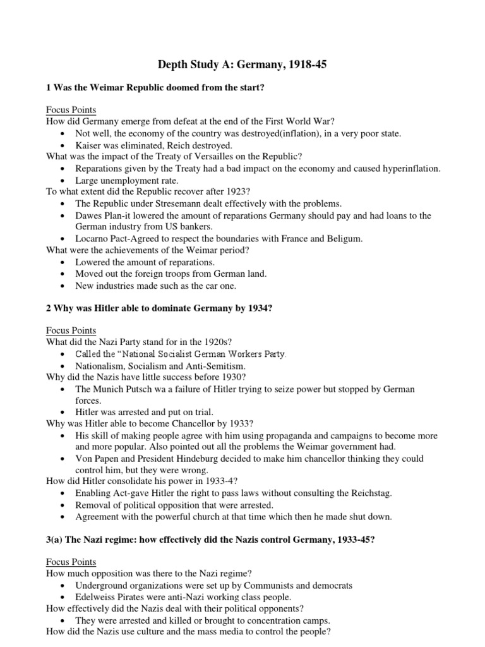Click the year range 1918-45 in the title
point(306,64)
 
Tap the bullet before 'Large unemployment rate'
point(63,181)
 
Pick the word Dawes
point(89,215)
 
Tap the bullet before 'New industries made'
point(63,286)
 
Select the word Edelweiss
point(95,597)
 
